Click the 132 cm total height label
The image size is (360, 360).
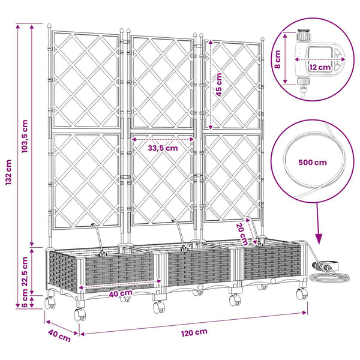(x=8, y=172)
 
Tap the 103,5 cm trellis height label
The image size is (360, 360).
(x=25, y=136)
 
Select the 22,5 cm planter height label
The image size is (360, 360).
(x=25, y=271)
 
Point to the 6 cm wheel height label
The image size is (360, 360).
(x=25, y=298)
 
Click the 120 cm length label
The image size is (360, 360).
(x=194, y=332)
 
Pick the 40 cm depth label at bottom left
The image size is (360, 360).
(x=59, y=335)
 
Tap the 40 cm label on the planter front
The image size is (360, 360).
(x=121, y=293)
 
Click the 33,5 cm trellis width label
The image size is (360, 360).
(x=163, y=148)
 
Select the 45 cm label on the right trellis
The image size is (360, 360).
(x=219, y=85)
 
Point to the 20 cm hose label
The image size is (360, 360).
(x=242, y=234)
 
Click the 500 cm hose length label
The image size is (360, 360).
(x=313, y=163)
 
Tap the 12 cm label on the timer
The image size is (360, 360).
(x=320, y=67)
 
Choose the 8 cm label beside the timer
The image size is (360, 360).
(x=278, y=59)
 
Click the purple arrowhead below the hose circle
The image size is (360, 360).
(x=319, y=239)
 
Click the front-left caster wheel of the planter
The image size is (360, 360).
(x=80, y=314)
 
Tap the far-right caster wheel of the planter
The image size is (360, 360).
(x=302, y=293)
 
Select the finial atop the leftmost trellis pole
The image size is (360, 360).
(x=49, y=26)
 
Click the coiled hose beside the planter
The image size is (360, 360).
(x=329, y=276)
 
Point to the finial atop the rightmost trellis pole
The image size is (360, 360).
(x=262, y=39)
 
